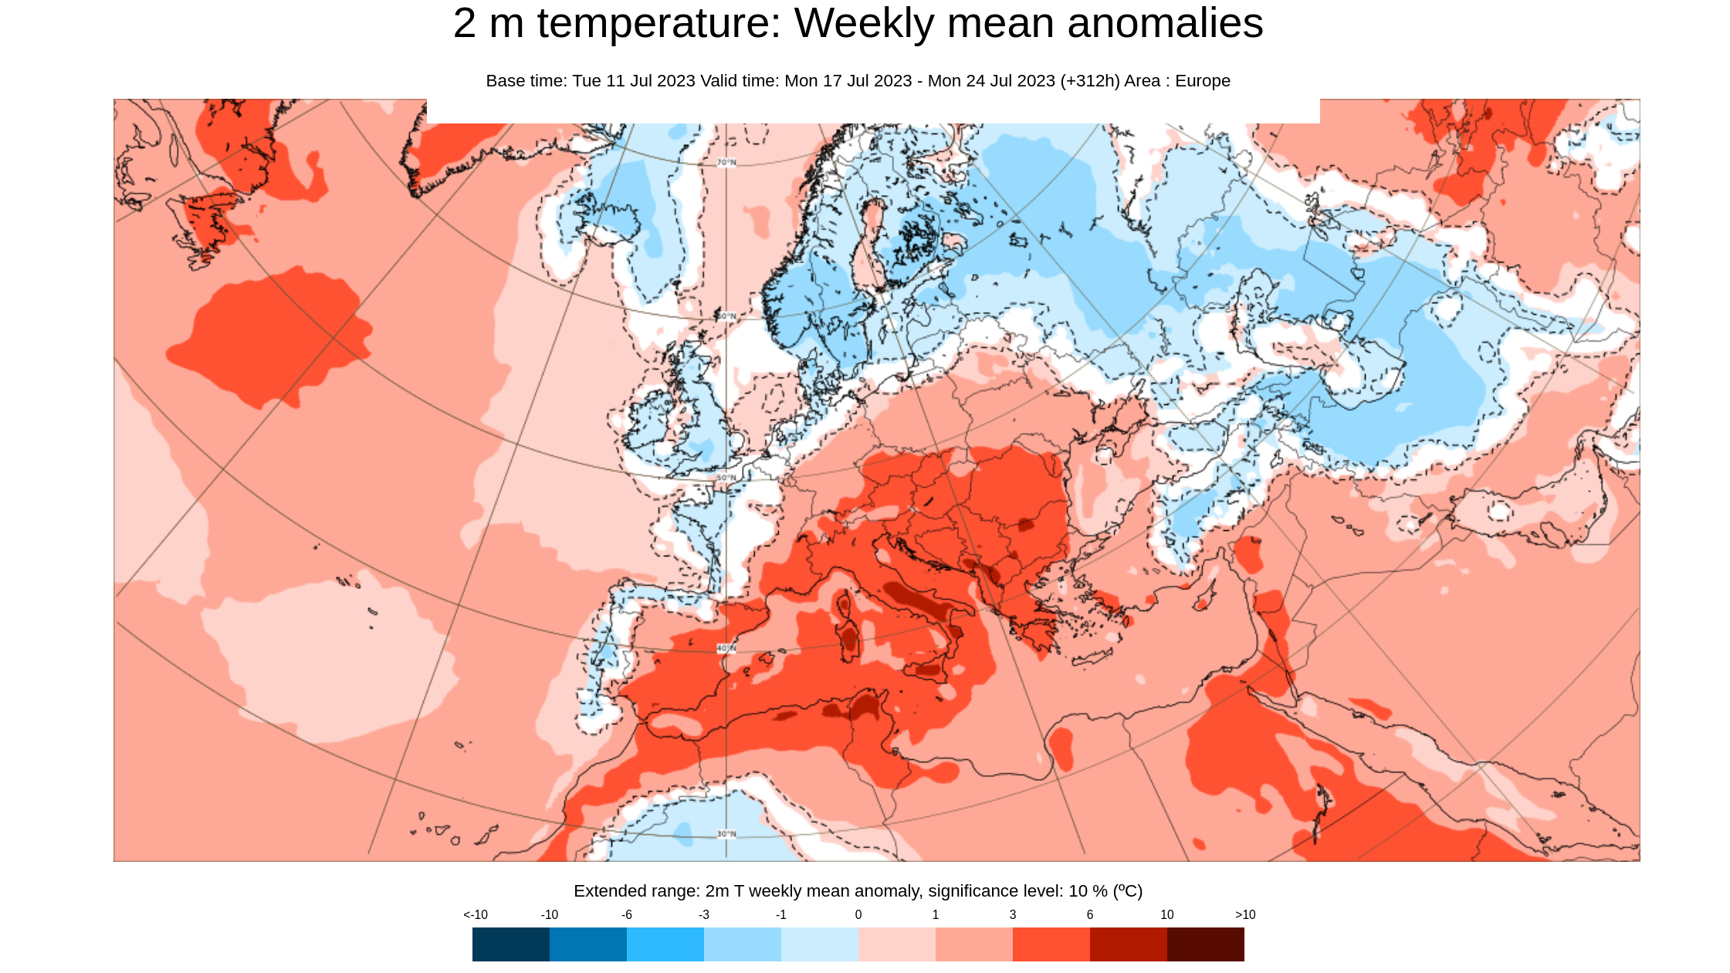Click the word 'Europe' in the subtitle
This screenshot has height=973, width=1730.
point(1202,81)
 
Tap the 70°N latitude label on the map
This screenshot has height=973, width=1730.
point(726,162)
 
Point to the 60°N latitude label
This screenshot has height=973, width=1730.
point(726,316)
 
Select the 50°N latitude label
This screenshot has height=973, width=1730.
point(726,478)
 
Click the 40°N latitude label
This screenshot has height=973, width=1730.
point(726,648)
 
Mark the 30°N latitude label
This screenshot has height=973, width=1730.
point(726,834)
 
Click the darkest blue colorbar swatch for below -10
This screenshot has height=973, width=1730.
point(510,944)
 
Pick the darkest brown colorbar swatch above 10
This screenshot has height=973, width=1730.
point(1205,944)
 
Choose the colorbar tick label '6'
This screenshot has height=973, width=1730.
point(1089,914)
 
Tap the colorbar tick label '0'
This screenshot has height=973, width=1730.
point(858,914)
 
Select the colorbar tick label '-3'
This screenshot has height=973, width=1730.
point(703,914)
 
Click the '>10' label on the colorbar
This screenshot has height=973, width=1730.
point(1244,914)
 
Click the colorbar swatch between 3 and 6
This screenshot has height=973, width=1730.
point(1051,944)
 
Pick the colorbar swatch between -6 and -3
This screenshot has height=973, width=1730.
point(665,944)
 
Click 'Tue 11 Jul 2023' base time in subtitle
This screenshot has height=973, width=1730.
point(633,81)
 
